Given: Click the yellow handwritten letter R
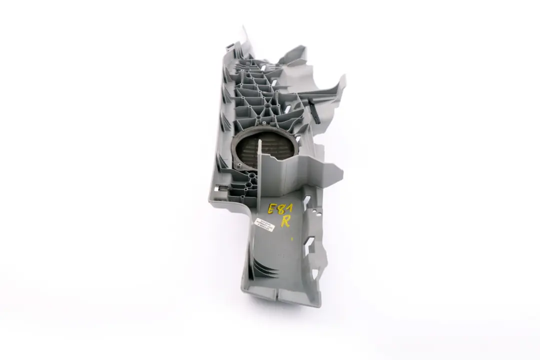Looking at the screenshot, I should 285,221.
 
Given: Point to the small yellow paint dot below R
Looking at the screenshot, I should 291,239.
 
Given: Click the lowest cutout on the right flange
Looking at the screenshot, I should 313,274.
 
